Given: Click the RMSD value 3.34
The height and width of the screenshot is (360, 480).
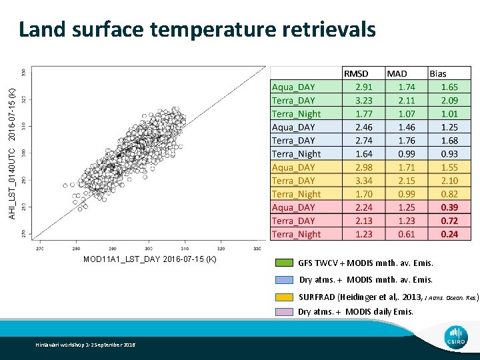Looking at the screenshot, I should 363,181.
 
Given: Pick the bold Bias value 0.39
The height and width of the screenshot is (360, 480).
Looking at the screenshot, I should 449,207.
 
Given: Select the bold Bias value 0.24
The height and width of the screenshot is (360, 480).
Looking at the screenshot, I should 449,234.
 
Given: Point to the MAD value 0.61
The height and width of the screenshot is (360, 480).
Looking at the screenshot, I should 407,234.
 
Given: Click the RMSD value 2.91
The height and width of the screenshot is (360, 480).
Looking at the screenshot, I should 363,87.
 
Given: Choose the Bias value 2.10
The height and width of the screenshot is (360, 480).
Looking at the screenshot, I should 449,181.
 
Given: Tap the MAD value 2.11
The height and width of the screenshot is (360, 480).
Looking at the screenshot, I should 407,100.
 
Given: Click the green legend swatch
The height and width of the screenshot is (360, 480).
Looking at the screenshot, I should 285,263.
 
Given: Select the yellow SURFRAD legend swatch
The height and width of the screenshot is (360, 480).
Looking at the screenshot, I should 285,297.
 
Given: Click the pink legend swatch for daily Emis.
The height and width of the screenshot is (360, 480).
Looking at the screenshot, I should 285,312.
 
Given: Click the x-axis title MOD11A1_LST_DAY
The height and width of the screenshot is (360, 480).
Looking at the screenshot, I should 149,259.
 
